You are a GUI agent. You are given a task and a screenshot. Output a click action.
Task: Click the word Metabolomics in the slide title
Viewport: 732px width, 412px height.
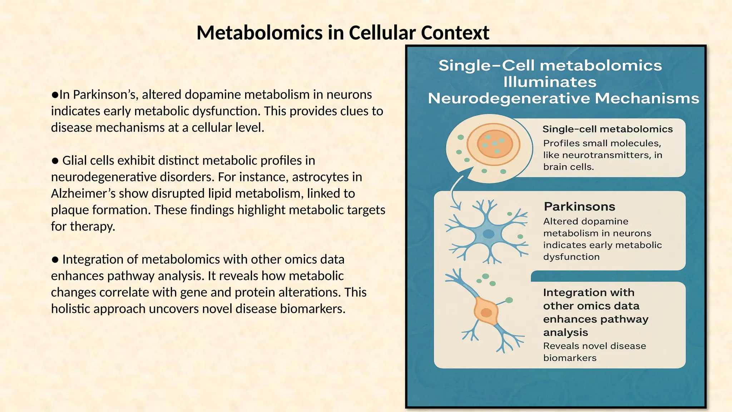260,33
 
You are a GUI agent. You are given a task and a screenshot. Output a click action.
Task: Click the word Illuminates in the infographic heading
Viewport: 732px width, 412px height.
550,82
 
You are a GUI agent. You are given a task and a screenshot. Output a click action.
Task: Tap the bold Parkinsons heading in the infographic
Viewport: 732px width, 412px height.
579,206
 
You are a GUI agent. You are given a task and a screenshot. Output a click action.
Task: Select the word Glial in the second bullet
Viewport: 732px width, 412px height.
74,161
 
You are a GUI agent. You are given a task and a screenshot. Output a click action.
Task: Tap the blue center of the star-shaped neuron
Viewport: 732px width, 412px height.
488,234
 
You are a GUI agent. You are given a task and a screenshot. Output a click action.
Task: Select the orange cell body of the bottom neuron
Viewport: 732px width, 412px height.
486,312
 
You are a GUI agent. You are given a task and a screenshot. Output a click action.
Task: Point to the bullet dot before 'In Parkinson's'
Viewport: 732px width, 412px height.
55,95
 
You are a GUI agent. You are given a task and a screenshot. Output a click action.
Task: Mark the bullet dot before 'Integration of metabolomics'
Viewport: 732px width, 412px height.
55,260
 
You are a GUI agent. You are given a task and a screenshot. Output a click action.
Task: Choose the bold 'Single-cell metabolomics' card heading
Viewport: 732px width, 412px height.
607,129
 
